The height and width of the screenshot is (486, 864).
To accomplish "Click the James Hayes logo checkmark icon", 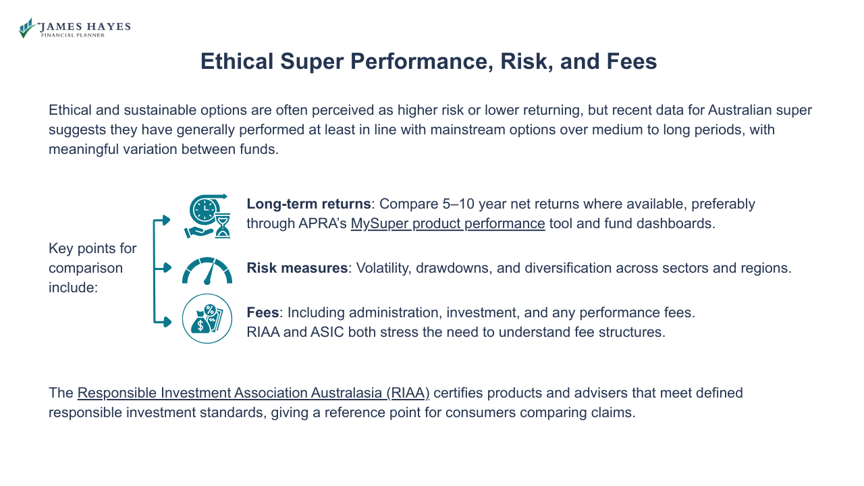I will coord(27,28).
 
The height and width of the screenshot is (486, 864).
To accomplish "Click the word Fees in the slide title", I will coord(631,61).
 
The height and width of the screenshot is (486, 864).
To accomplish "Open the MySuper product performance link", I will coord(448,223).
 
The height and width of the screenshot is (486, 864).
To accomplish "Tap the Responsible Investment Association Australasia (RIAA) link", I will coord(253,393).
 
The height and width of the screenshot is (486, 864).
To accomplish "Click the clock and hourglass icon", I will coord(207,216).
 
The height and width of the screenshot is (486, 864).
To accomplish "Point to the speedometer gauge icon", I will coord(207,270).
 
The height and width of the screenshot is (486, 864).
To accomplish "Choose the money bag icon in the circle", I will coord(207,319).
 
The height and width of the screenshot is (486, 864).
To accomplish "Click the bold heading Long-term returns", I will coord(308,204).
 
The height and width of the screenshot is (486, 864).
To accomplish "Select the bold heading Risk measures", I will coord(297,268).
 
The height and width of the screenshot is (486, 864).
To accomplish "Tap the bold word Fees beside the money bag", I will coord(263,313).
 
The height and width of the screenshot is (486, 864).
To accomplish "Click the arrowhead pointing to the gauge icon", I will coord(167,268).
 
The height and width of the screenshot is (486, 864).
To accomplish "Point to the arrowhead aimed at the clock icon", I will coord(167,219).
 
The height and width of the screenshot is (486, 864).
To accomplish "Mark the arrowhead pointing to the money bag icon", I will coord(167,322).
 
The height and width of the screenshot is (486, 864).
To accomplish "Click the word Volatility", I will coord(382,268).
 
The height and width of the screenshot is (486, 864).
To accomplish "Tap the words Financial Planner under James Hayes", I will coord(73,35).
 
